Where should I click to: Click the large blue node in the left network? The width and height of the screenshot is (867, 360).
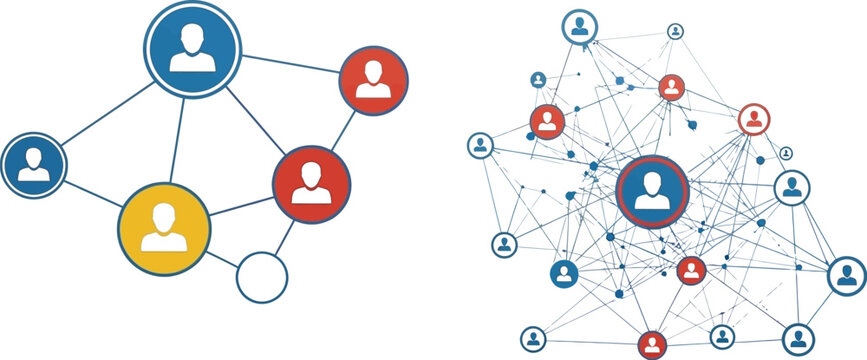pos(192,47)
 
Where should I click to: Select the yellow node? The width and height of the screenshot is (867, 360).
pos(164,229)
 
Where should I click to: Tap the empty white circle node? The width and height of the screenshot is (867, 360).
pos(261,277)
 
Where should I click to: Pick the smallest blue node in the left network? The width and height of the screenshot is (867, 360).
pos(33,164)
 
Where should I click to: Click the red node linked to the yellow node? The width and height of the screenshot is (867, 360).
pos(312,184)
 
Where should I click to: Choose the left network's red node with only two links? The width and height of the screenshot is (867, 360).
pos(374,79)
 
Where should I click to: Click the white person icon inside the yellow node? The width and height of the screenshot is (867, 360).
pos(164,231)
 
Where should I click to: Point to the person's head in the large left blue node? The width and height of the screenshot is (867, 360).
pos(192,36)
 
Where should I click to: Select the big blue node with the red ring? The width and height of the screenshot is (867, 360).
pos(652,190)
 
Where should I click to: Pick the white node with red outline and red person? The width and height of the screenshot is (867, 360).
pos(753,120)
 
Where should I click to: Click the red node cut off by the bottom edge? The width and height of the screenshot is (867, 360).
pos(652,344)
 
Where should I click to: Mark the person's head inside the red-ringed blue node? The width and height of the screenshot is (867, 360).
pos(652,181)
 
